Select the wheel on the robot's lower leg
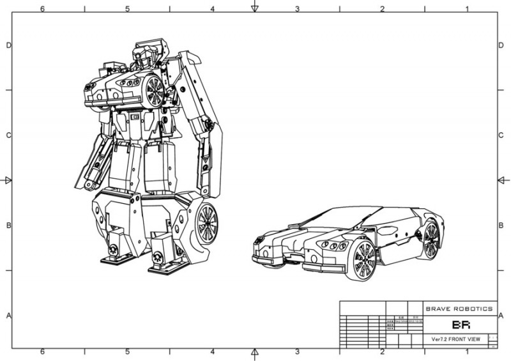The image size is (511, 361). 206,224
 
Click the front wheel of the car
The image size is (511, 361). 361,260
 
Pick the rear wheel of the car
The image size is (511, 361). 431,240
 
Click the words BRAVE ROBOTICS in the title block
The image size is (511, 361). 459,309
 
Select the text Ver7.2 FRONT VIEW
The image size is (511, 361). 459,339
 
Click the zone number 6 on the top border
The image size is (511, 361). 42,8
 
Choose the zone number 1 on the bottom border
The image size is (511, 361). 467,352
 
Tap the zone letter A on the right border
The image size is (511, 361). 501,316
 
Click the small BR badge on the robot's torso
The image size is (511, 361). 135,117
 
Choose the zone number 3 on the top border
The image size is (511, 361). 297,8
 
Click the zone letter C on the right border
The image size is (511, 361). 501,135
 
